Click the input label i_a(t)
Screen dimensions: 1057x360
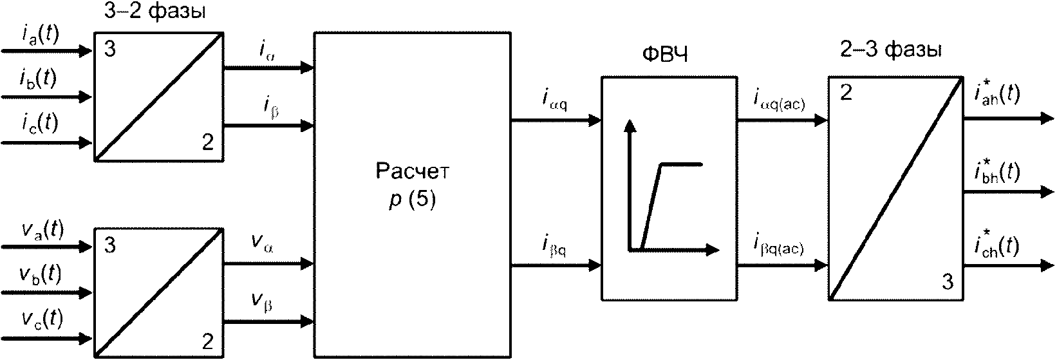(40, 36)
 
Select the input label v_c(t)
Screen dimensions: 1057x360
(42, 320)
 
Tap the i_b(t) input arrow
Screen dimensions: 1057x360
(47, 97)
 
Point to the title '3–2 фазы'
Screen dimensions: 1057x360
(155, 12)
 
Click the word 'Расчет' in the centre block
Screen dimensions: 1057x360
(413, 171)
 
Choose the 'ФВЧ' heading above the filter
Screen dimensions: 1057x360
(665, 55)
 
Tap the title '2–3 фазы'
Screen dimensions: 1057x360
(890, 50)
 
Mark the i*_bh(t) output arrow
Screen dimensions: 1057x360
(1008, 192)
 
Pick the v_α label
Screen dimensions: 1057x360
(263, 242)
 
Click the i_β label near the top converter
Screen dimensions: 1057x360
(269, 106)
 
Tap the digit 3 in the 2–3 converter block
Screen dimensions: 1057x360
(948, 281)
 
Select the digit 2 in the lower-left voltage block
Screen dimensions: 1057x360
(208, 341)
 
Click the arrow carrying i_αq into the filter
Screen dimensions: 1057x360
(556, 121)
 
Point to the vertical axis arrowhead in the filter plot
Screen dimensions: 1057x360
(630, 126)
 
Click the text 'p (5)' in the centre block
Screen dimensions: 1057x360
(412, 200)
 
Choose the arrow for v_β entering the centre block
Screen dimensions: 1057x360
(268, 322)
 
